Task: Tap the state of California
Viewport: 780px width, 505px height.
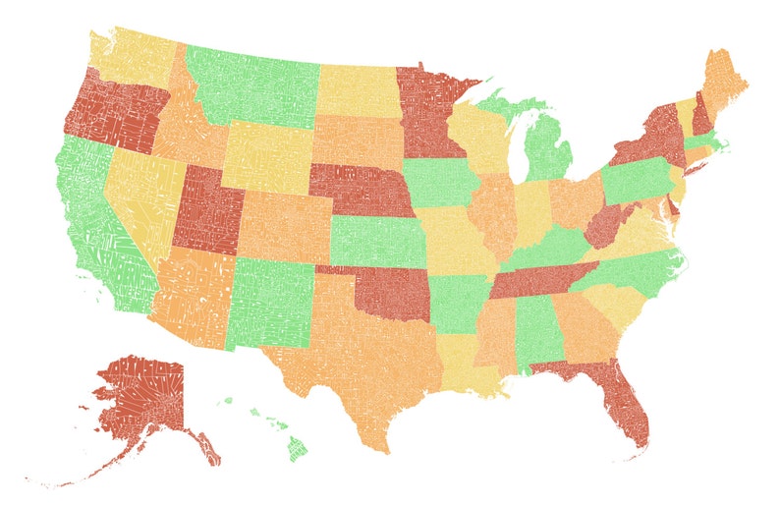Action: [x=93, y=226]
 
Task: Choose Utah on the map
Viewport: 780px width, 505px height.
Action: [x=206, y=211]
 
